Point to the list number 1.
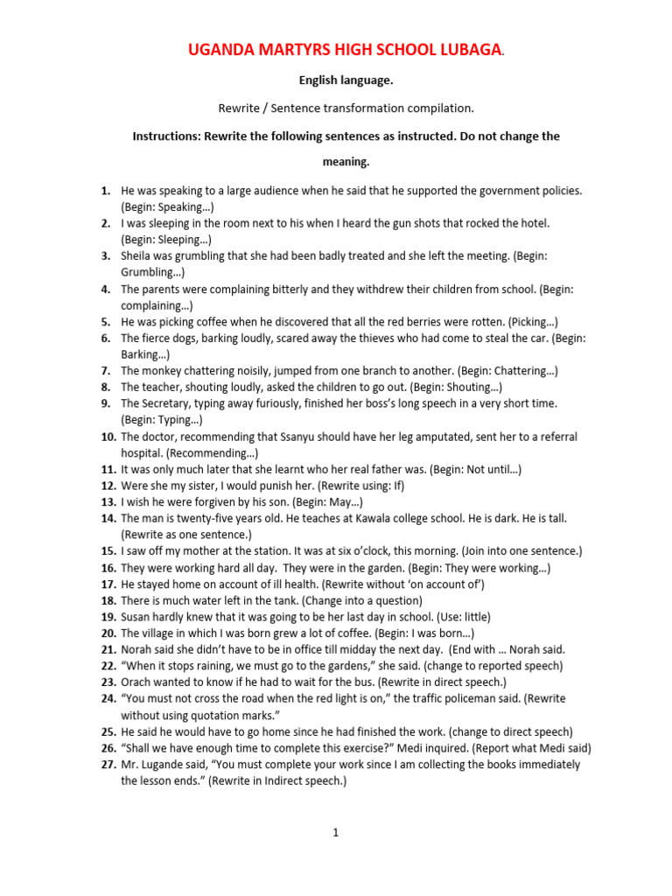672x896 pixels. pos(105,190)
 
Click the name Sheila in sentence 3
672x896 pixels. pos(136,255)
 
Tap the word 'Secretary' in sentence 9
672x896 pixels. pos(168,403)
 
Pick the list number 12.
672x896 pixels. pos(108,486)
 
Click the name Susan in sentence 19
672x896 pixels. pos(137,616)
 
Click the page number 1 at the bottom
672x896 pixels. pos(335,832)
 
